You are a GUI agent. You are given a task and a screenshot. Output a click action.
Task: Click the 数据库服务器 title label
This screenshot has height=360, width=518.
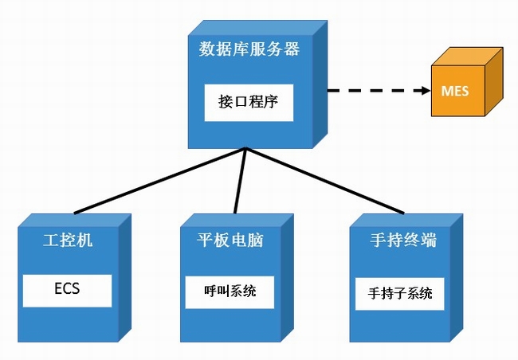click(x=249, y=49)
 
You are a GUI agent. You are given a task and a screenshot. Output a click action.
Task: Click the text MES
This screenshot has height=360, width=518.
click(x=455, y=91)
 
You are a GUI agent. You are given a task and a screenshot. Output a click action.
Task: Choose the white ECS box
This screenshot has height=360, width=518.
click(x=67, y=290)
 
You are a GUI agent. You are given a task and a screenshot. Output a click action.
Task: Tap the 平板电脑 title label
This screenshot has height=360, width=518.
click(x=230, y=240)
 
